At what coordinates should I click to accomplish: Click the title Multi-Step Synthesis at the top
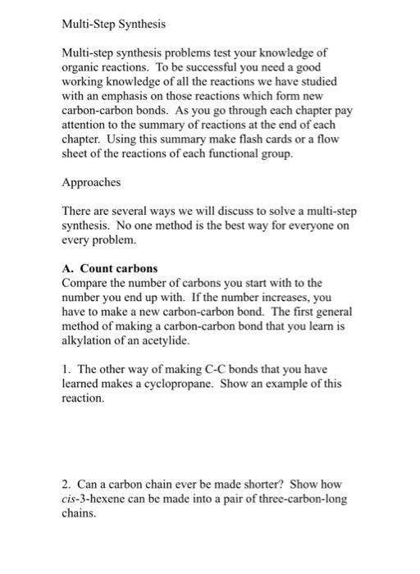pyautogui.click(x=114, y=25)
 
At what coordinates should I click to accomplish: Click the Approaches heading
pyautogui.click(x=91, y=183)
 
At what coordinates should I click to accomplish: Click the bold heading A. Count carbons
pyautogui.click(x=110, y=268)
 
